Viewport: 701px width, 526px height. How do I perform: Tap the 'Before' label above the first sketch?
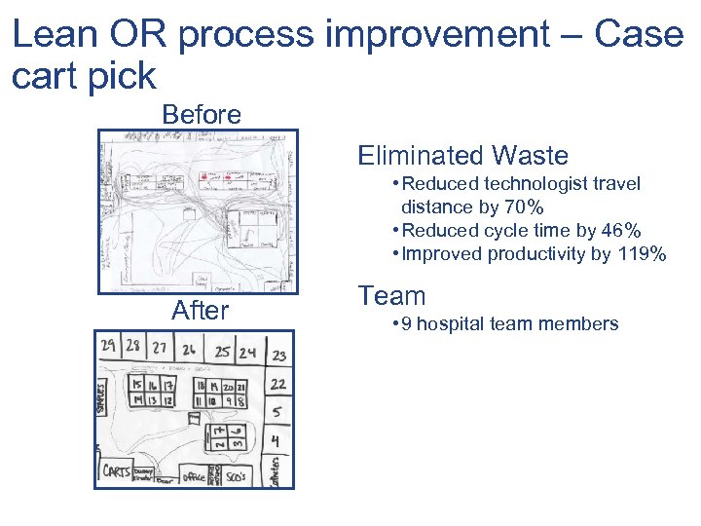[202, 115]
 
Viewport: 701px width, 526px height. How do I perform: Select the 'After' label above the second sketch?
[200, 311]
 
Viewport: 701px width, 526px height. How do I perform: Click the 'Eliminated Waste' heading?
[462, 156]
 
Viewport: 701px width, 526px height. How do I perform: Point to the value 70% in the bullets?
[524, 207]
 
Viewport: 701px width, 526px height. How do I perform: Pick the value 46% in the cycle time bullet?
[620, 231]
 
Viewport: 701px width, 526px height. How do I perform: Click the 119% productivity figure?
[643, 254]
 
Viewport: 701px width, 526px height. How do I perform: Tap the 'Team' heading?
[391, 296]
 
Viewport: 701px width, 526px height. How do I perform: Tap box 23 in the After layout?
[279, 357]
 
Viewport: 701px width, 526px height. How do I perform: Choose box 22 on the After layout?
[278, 385]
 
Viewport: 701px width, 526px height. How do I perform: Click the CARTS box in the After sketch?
[117, 472]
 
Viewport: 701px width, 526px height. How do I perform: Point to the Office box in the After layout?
[194, 477]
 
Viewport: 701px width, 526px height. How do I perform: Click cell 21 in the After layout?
[240, 387]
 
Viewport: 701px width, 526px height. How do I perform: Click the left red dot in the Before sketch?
[203, 178]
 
